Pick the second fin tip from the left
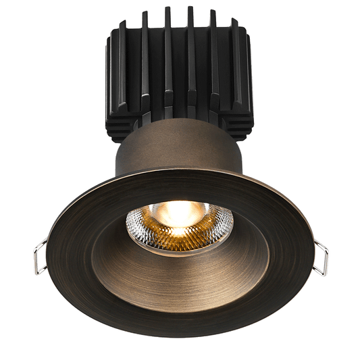tap(145, 14)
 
